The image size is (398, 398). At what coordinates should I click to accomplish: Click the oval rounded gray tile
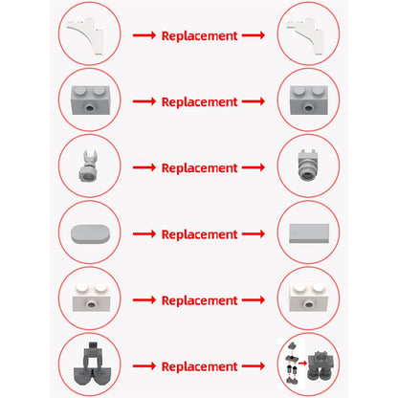90,233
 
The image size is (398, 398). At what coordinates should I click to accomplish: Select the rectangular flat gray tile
309,233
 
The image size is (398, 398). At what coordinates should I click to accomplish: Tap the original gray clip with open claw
88,165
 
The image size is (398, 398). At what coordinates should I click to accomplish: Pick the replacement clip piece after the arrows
308,165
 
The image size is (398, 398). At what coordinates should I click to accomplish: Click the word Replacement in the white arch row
199,35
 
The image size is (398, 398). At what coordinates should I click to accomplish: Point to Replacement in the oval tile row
199,234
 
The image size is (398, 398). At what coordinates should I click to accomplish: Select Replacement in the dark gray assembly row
199,366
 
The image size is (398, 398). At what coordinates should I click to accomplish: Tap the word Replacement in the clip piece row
199,168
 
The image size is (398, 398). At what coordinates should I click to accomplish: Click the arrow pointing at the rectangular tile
254,234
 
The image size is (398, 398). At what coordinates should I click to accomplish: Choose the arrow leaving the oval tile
144,234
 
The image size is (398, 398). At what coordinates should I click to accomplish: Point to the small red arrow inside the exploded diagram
302,363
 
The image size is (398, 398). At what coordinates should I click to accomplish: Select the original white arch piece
86,36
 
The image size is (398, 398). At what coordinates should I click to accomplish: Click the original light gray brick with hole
90,100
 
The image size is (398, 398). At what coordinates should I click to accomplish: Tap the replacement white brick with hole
309,297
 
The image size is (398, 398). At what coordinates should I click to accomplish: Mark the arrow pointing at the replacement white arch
254,35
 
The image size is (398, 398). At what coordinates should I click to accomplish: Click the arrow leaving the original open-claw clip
144,167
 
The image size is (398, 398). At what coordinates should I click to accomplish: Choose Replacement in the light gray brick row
199,102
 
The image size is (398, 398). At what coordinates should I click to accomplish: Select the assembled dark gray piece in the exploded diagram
321,365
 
